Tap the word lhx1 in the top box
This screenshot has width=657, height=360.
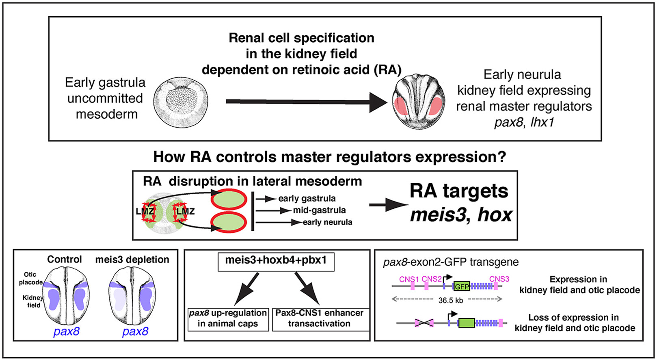pos(542,122)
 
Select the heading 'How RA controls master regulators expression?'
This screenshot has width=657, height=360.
pos(329,157)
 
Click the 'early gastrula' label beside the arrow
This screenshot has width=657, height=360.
pos(307,198)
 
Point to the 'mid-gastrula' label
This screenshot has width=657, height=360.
pos(319,210)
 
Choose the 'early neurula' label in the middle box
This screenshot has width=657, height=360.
pos(327,222)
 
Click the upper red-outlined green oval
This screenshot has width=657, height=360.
pos(229,200)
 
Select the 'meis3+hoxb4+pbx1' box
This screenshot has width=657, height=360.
pos(276,261)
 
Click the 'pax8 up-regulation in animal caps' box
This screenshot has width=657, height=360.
pos(228,319)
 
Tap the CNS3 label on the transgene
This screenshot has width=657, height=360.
pos(499,279)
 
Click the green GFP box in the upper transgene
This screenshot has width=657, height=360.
pos(461,286)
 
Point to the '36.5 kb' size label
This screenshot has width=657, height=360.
pos(450,301)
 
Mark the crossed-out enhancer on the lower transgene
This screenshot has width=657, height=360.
pos(424,323)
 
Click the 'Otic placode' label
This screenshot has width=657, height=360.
pos(30,278)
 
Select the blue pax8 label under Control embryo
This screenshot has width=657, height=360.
pos(66,332)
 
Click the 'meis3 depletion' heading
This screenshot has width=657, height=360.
pos(132,260)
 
